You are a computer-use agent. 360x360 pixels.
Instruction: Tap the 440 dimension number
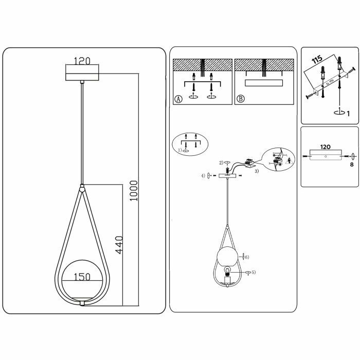(119, 246)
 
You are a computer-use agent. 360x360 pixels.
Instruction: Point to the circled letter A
(178, 99)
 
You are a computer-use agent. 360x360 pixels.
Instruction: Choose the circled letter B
(240, 99)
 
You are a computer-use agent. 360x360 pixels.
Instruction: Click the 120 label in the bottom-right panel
(325, 147)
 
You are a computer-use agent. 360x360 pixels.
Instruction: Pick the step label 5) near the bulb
(253, 272)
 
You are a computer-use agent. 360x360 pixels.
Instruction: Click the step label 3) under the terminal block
(257, 171)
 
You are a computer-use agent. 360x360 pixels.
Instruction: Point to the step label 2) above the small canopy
(222, 163)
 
